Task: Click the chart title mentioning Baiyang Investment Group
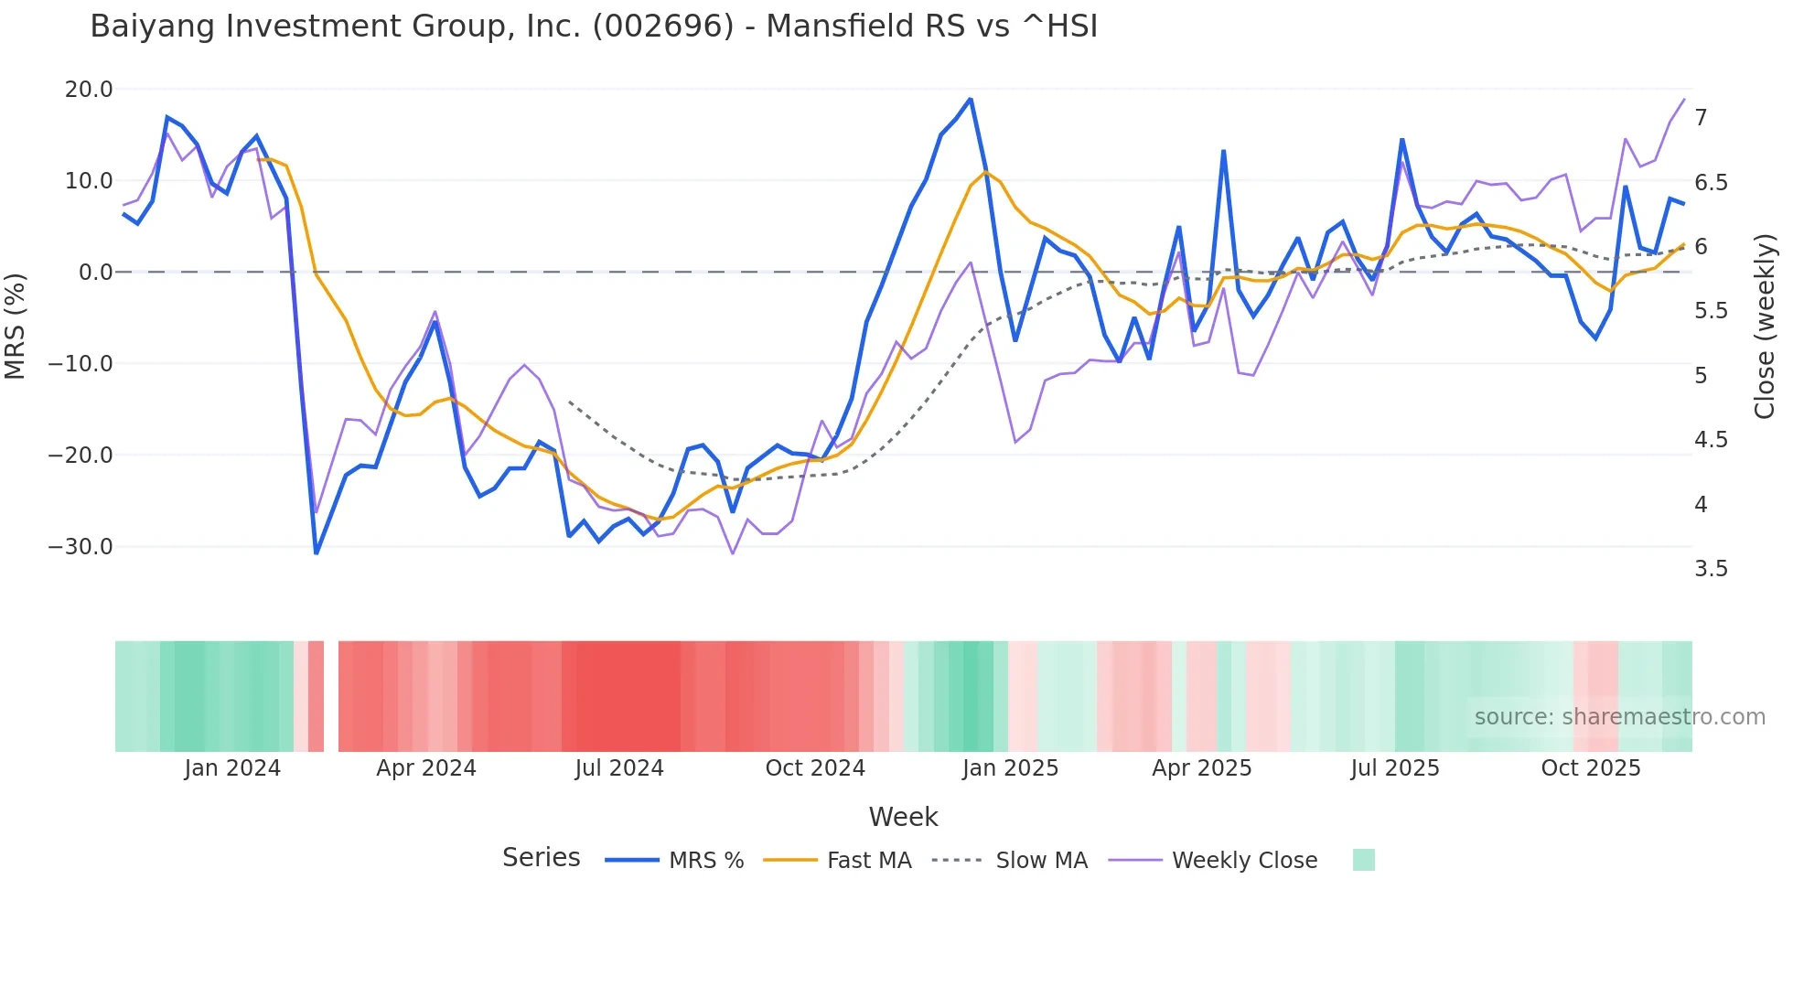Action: (593, 27)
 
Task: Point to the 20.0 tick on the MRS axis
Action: (89, 90)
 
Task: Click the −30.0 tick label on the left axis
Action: (81, 547)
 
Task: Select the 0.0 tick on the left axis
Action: (96, 273)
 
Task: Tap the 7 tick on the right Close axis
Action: (1701, 118)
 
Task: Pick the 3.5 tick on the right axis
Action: (1711, 569)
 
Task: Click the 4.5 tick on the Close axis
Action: (1711, 440)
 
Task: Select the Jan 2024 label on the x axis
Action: (232, 768)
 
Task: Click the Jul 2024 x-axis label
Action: (619, 768)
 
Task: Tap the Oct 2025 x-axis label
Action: (1591, 768)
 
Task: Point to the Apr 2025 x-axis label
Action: (1201, 768)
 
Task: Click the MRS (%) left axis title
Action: (16, 327)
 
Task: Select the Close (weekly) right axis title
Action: (1765, 327)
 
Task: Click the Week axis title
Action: (903, 817)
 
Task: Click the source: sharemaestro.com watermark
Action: (1619, 717)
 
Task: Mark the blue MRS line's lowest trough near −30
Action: (317, 552)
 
